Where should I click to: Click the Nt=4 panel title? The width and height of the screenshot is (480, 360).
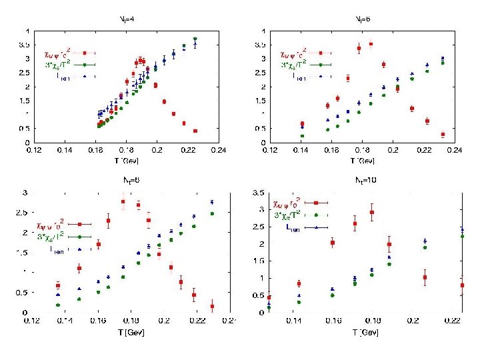125,20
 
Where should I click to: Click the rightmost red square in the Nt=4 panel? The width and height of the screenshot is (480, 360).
195,131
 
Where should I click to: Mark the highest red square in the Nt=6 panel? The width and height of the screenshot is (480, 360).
371,44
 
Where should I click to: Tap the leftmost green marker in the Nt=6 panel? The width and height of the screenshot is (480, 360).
302,136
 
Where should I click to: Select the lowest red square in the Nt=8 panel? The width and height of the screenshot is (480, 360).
212,307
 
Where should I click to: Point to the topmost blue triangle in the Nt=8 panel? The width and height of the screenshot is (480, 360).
212,202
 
